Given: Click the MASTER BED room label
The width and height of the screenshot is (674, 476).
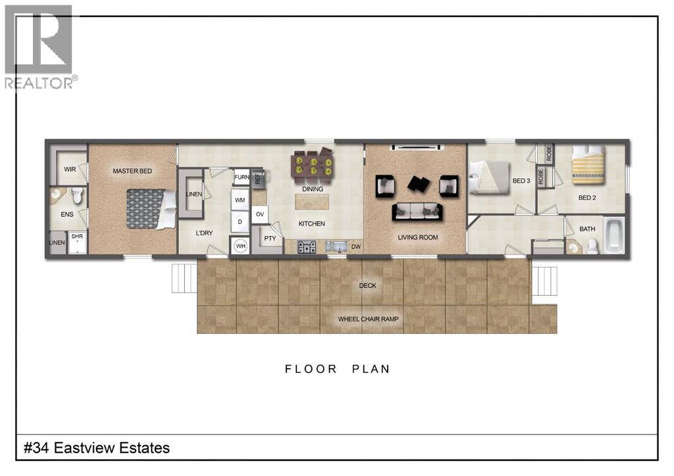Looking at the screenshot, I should (132, 171).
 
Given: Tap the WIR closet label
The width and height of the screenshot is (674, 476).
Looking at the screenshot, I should (70, 169).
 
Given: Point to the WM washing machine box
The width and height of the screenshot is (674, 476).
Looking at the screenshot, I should (240, 199).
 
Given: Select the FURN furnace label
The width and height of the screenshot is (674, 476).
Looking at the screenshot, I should (242, 177).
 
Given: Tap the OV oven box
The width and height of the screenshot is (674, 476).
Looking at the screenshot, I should (260, 214).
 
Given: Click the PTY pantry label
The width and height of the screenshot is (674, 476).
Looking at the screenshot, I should (270, 239).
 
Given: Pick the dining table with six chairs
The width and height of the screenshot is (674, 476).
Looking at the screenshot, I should (313, 167).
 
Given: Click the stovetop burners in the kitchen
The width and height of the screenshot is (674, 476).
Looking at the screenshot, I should (307, 247).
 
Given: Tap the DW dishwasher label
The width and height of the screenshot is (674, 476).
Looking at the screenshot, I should (356, 247).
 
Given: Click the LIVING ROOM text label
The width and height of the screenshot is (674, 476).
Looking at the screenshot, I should (418, 237).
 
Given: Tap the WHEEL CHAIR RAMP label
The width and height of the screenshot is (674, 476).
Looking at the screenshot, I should (369, 320).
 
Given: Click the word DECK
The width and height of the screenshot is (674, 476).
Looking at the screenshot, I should (367, 286).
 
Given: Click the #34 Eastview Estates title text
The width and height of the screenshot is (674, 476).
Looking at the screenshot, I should (97, 448).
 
